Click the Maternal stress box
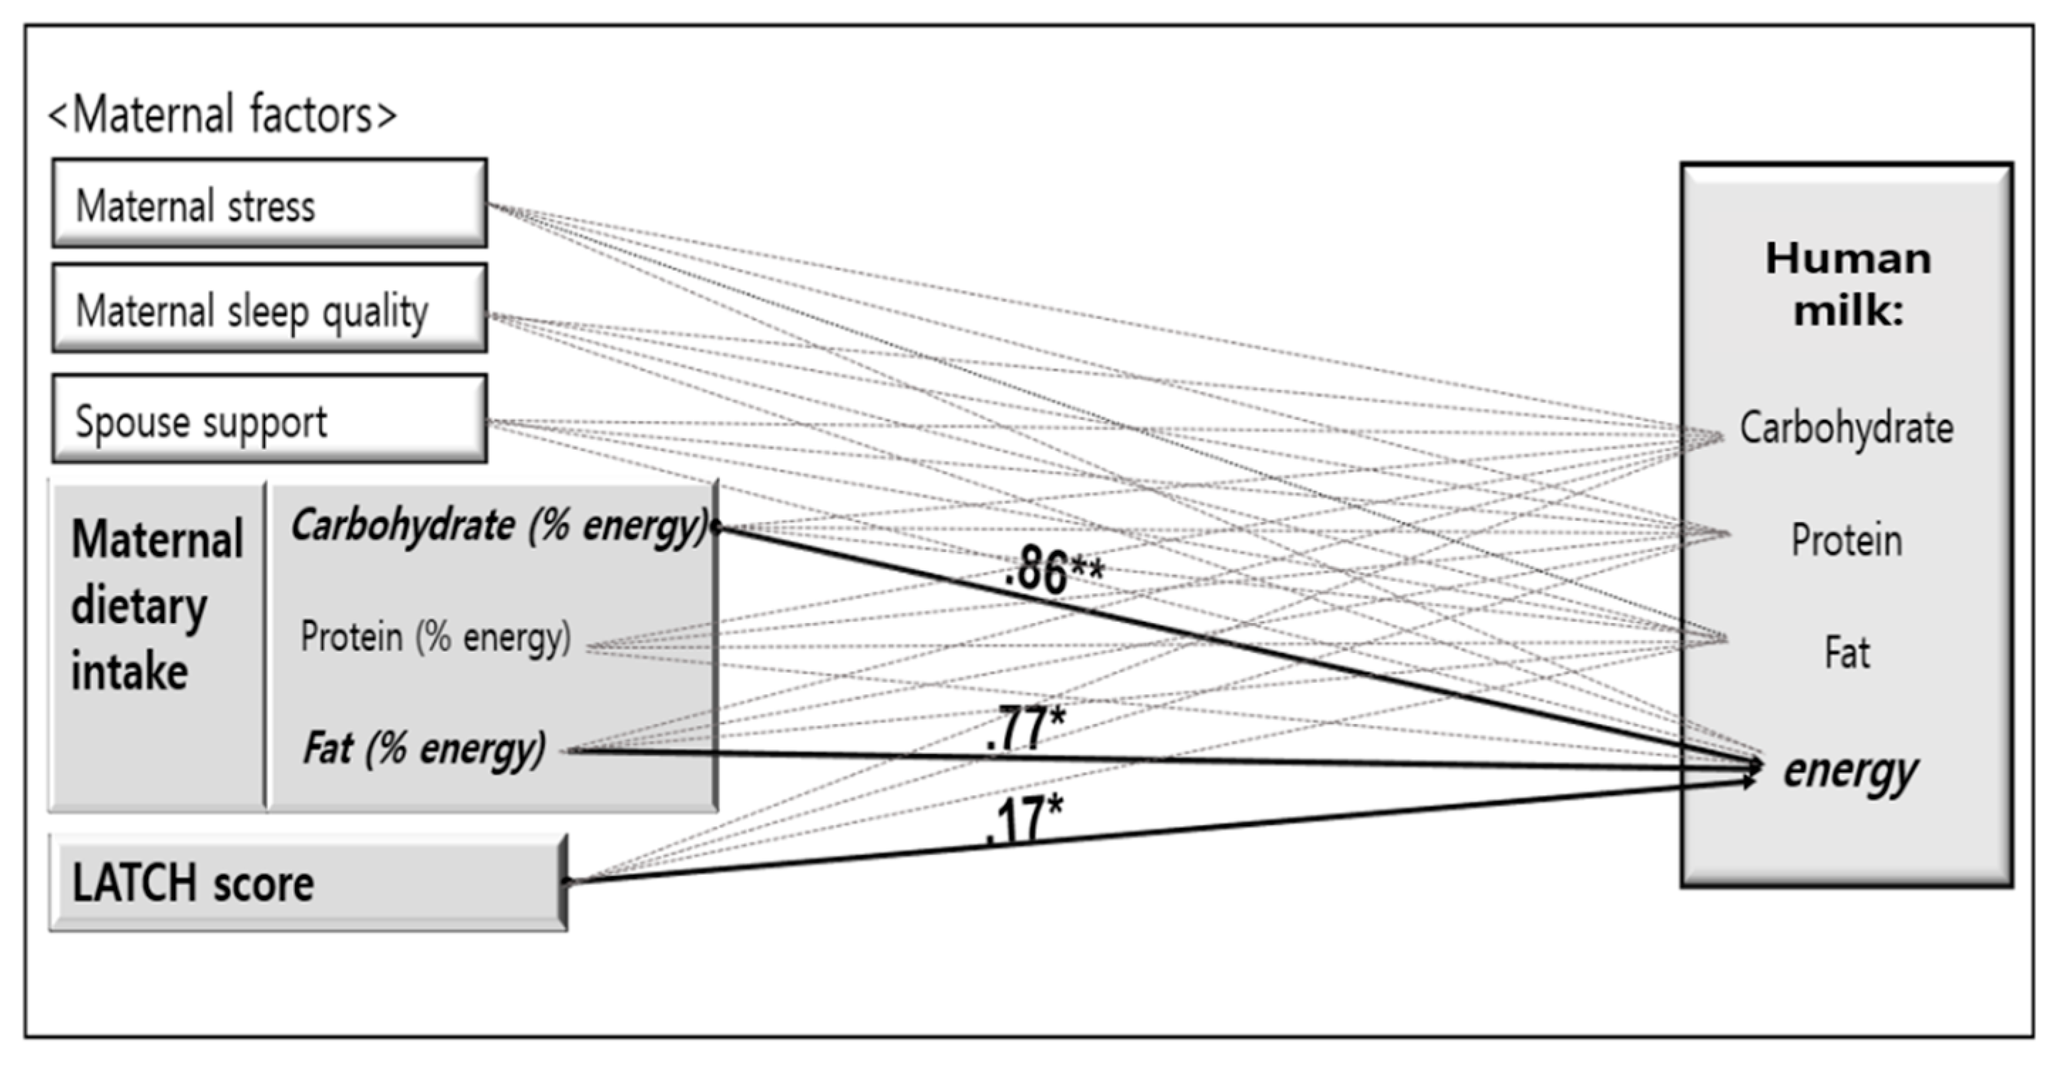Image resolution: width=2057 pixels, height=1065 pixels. point(269,204)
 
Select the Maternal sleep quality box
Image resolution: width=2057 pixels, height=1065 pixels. point(269,309)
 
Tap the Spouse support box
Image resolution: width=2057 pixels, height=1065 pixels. point(269,419)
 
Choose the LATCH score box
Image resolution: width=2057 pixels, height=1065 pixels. point(308,883)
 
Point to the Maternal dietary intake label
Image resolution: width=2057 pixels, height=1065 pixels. point(156,605)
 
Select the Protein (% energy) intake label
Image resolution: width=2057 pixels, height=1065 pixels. point(435,637)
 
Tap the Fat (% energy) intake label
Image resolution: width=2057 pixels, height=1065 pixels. point(424,749)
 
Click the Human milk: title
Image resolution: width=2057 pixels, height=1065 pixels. point(1848,284)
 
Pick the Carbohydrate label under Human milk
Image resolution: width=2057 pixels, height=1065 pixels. point(1846,428)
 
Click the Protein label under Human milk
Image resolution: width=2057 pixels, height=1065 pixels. point(1846,541)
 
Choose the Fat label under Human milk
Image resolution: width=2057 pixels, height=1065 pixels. point(1846,652)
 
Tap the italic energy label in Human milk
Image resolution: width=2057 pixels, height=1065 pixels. point(1850,771)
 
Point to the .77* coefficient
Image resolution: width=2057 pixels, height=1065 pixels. point(1025,728)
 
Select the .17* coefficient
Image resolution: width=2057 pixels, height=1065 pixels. point(1024,820)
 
